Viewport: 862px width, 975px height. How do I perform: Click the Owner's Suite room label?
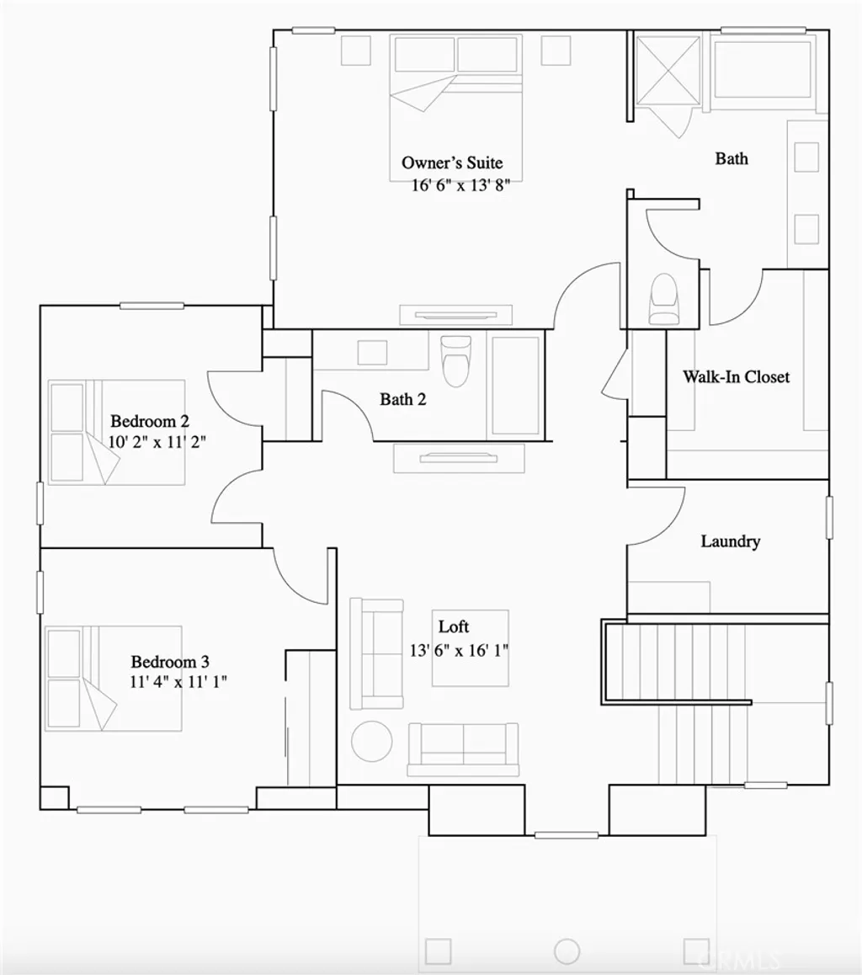click(x=452, y=162)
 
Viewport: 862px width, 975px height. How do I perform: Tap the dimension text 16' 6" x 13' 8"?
click(x=460, y=186)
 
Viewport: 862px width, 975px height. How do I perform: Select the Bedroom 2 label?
click(x=149, y=421)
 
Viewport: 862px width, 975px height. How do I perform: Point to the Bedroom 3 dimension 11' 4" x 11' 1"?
click(x=178, y=682)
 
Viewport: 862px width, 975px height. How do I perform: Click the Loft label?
click(x=454, y=626)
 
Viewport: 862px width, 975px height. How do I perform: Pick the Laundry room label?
click(x=731, y=541)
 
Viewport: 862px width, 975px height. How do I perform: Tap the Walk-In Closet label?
click(x=736, y=376)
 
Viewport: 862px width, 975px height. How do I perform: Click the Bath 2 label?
click(x=402, y=399)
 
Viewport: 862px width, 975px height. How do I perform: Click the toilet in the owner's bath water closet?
click(x=663, y=299)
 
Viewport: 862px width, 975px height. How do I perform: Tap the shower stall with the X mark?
click(x=668, y=71)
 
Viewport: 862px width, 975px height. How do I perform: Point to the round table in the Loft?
click(x=371, y=740)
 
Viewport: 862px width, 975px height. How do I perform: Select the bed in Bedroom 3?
click(x=114, y=678)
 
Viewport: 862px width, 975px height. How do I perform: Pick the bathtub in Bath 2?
click(x=515, y=386)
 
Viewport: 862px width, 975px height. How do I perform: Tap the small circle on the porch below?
click(x=567, y=951)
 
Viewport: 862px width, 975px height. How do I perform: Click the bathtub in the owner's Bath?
click(x=763, y=73)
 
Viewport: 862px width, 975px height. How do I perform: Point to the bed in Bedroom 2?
click(x=116, y=432)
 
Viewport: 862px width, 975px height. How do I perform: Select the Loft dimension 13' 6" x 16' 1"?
click(x=460, y=650)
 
